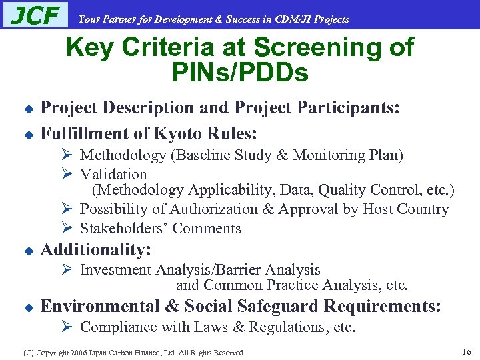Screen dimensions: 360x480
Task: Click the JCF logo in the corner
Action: (36, 15)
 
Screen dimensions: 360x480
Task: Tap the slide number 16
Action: (466, 351)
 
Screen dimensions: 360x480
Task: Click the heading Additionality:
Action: (96, 250)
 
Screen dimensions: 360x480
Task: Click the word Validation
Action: (113, 175)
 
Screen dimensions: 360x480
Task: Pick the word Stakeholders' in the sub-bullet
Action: (124, 229)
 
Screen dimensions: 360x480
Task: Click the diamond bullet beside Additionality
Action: (28, 252)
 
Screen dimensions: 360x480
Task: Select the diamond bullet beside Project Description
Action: (28, 109)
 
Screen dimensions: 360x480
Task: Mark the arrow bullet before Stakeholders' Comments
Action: (67, 228)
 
